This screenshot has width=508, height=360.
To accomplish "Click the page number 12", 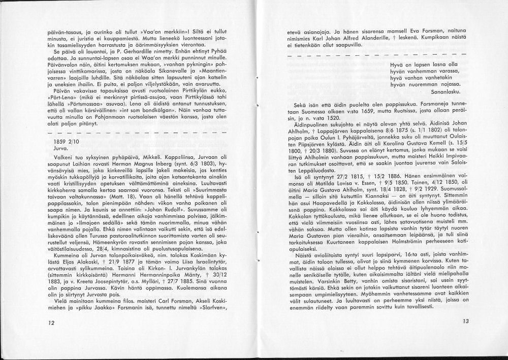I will coord(51,323).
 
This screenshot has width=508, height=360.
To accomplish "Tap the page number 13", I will coord(466,321).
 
